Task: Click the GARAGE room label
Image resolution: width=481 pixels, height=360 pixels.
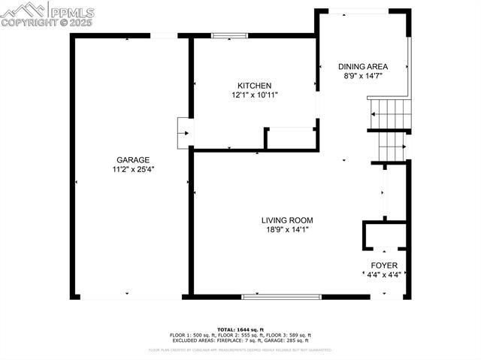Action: click(x=132, y=160)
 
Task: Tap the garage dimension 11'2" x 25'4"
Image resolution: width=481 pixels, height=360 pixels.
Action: click(x=132, y=170)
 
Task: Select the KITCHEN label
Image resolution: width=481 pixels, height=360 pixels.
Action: click(x=254, y=86)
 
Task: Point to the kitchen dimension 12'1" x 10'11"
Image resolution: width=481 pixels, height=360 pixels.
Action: click(x=254, y=95)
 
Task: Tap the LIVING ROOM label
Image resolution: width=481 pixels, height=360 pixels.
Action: click(x=287, y=220)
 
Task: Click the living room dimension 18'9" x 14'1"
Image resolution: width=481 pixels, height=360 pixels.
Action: click(x=287, y=230)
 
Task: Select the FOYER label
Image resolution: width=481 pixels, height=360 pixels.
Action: click(x=384, y=265)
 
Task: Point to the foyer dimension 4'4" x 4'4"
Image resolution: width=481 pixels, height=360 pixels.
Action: click(x=384, y=275)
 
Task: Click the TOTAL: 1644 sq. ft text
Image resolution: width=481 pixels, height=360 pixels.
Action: click(x=240, y=329)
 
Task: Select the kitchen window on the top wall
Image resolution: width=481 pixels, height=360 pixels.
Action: click(x=229, y=35)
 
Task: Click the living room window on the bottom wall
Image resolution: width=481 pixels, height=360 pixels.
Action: click(x=282, y=297)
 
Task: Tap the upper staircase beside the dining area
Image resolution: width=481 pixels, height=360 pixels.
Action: click(x=391, y=113)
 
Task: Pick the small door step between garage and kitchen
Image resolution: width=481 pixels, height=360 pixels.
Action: click(x=183, y=132)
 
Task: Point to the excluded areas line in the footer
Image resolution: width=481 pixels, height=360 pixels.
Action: click(x=240, y=340)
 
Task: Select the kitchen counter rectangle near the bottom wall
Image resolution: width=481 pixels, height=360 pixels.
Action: click(x=291, y=138)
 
